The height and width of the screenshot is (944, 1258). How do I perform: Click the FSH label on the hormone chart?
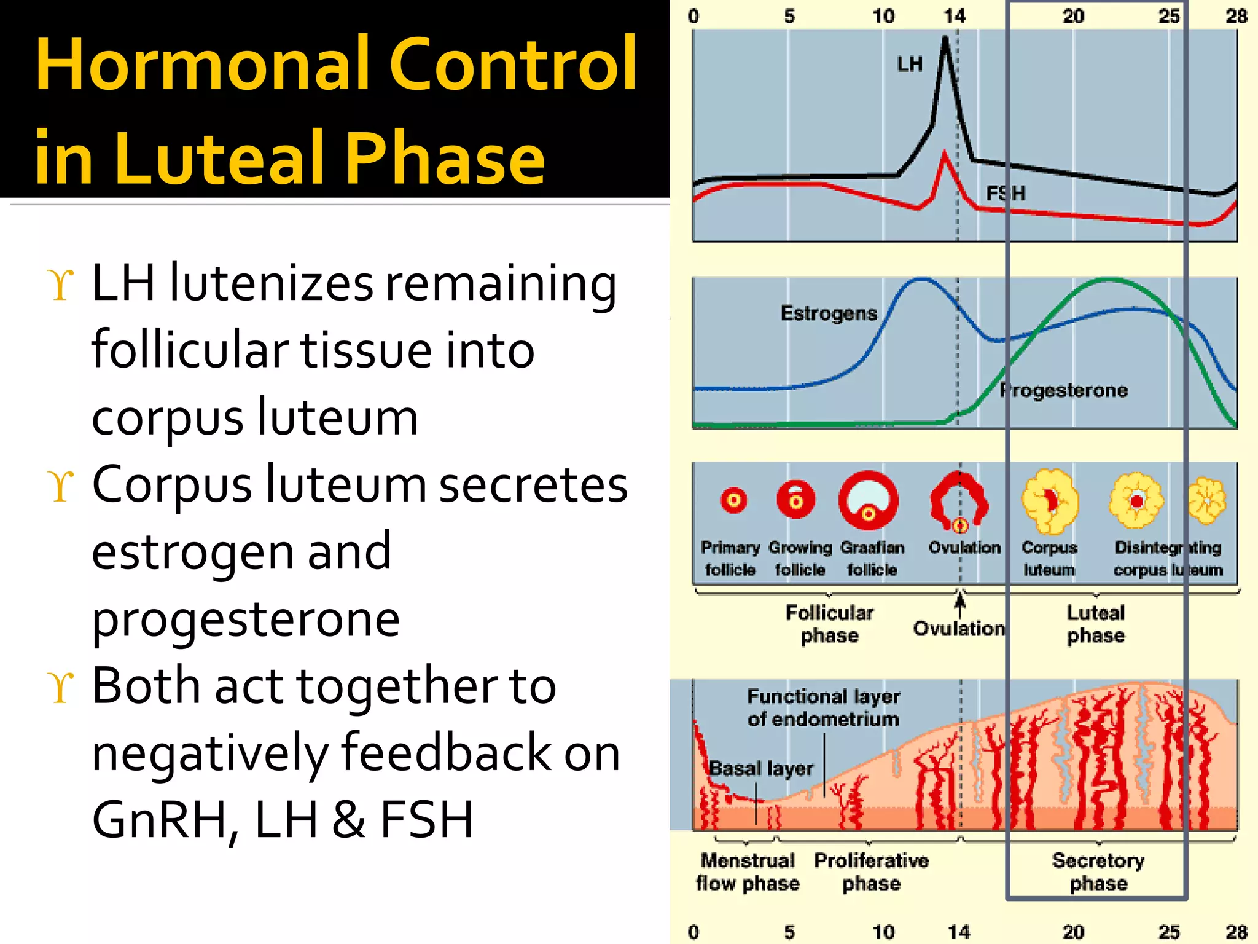tap(1005, 194)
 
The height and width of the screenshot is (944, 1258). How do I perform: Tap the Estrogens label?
tap(829, 313)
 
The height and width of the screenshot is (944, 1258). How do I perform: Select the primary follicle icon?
tap(733, 500)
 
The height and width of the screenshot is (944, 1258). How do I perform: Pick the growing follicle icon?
tap(795, 499)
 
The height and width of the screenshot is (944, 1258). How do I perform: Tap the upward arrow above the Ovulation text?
tap(959, 602)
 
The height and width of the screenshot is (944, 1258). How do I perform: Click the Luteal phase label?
tap(1095, 624)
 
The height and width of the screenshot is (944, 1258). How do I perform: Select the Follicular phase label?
tap(829, 624)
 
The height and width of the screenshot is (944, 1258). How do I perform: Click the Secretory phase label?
tap(1098, 871)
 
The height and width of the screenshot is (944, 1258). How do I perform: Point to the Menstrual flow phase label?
tap(748, 871)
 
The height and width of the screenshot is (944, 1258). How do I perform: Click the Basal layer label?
tap(761, 769)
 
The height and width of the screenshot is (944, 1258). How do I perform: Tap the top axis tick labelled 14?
tap(955, 16)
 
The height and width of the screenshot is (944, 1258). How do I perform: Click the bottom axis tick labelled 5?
tap(789, 932)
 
